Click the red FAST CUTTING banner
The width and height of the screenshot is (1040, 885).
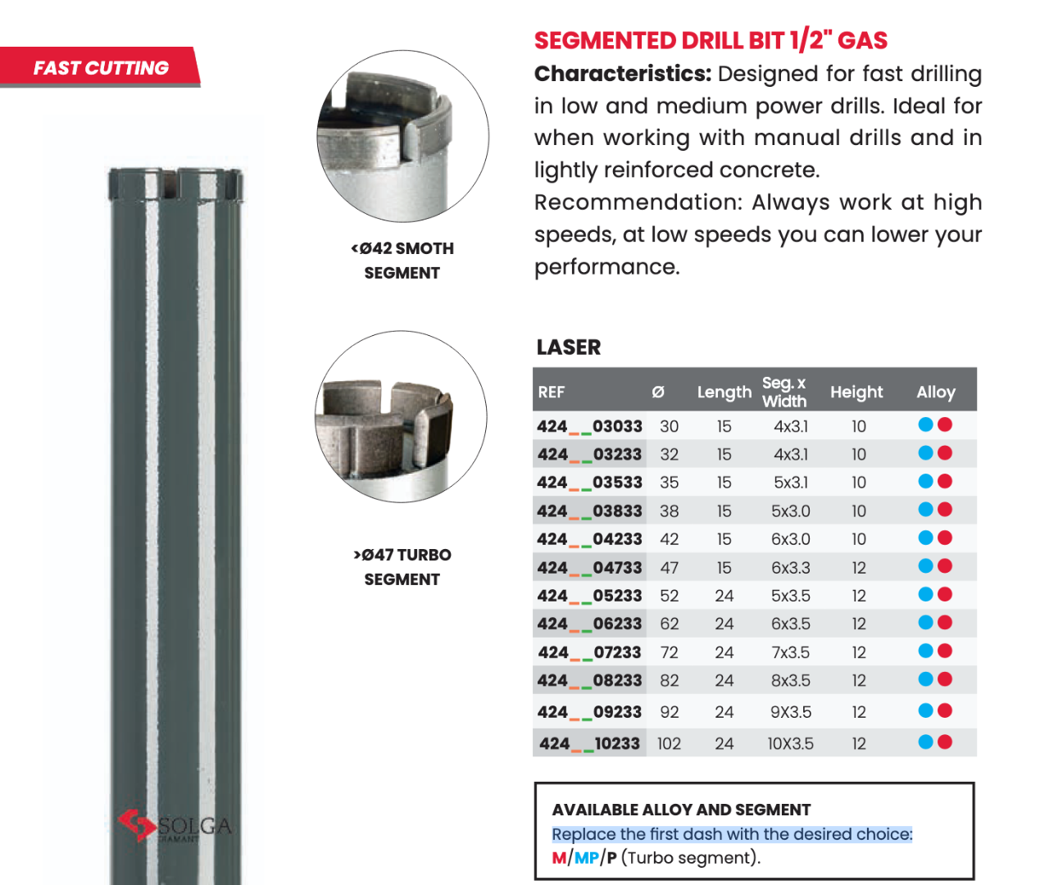click(100, 68)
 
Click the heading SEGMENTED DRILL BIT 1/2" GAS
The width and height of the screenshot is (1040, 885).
click(711, 40)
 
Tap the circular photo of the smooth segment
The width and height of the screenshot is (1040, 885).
click(402, 137)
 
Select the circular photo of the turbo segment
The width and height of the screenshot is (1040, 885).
click(401, 417)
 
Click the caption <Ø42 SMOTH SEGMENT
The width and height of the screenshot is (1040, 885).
click(402, 261)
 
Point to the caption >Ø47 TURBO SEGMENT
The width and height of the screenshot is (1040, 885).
click(402, 567)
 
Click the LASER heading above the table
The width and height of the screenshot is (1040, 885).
click(569, 347)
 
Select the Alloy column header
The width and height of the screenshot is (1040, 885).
click(936, 392)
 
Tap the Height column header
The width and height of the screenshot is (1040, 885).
click(856, 392)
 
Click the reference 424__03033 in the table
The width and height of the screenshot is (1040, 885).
click(589, 426)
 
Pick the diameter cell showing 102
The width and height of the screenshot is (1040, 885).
click(669, 744)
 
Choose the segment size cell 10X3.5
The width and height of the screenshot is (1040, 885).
click(790, 744)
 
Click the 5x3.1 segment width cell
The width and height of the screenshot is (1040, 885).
click(791, 483)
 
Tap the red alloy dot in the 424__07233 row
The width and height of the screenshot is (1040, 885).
click(945, 651)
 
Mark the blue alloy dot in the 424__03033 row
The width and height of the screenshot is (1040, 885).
click(926, 424)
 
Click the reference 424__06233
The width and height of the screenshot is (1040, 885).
click(589, 624)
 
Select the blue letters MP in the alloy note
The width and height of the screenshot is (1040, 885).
click(587, 858)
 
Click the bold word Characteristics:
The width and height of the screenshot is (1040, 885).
click(623, 74)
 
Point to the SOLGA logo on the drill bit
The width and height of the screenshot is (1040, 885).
click(175, 826)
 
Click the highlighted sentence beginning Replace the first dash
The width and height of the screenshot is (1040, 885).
click(732, 834)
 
